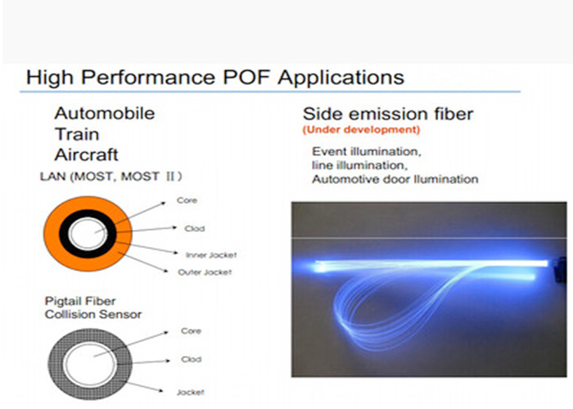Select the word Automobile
pyautogui.click(x=105, y=113)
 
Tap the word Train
pyautogui.click(x=77, y=134)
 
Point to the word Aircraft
pyautogui.click(x=87, y=155)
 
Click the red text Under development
pyautogui.click(x=361, y=129)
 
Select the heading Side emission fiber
pyautogui.click(x=388, y=114)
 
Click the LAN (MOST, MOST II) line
pyautogui.click(x=111, y=177)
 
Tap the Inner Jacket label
pyautogui.click(x=211, y=255)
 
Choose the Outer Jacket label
pyautogui.click(x=205, y=272)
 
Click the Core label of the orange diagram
pyautogui.click(x=187, y=200)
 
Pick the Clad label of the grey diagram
pyautogui.click(x=191, y=359)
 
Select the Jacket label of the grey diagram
pyautogui.click(x=191, y=392)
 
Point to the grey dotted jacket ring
pyautogui.click(x=56, y=365)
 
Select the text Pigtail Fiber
pyautogui.click(x=80, y=301)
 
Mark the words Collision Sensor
pyautogui.click(x=93, y=314)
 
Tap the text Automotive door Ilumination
pyautogui.click(x=395, y=179)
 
